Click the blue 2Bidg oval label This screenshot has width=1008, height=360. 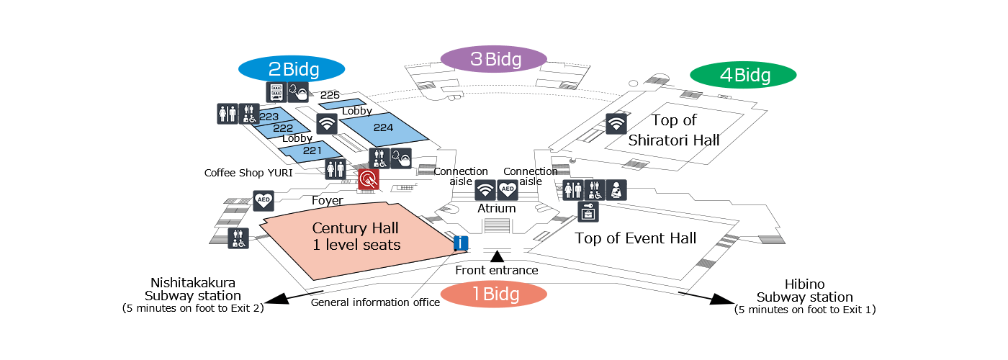tap(292, 69)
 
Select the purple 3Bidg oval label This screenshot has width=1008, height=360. tap(494, 59)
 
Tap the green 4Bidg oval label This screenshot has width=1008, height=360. tap(743, 75)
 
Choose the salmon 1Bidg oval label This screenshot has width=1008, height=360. tap(494, 294)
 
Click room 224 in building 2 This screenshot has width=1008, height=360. tap(383, 128)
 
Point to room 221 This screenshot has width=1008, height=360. tap(311, 151)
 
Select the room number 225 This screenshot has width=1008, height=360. tap(330, 95)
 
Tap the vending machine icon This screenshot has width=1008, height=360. tap(276, 92)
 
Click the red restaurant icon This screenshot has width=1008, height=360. tap(369, 180)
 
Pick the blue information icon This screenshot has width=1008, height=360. tap(461, 243)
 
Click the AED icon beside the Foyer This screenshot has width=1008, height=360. tap(264, 201)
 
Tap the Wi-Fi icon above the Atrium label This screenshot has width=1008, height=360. tap(485, 190)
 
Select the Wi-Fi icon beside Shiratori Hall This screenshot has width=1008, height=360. tap(616, 124)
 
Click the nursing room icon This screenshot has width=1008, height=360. tap(616, 190)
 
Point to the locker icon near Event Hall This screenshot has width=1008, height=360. tap(588, 212)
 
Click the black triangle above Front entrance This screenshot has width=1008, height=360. tap(497, 256)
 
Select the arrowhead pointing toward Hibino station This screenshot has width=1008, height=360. tap(721, 300)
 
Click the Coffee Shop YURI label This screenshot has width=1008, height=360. tap(248, 174)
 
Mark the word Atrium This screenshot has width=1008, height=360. tap(497, 208)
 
